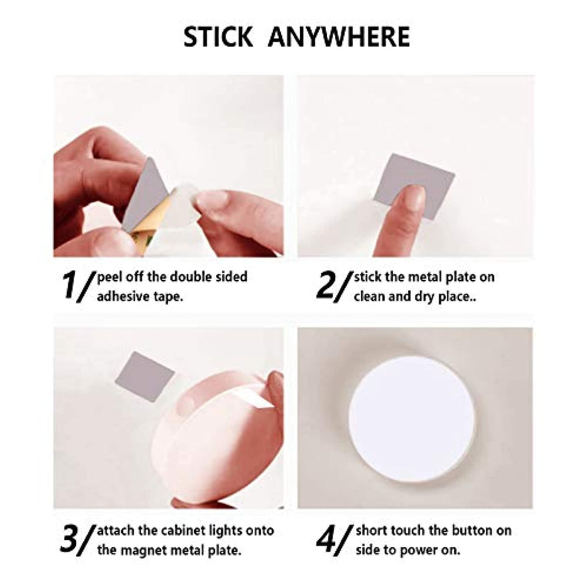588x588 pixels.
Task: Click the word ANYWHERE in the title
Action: pyautogui.click(x=339, y=37)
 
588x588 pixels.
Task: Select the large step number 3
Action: pyautogui.click(x=69, y=539)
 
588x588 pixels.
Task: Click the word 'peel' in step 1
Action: pyautogui.click(x=110, y=277)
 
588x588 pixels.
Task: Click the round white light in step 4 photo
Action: pyautogui.click(x=412, y=417)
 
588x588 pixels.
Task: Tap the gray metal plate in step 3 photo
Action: pyautogui.click(x=144, y=377)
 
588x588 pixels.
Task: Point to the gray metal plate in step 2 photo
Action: pyautogui.click(x=414, y=187)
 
